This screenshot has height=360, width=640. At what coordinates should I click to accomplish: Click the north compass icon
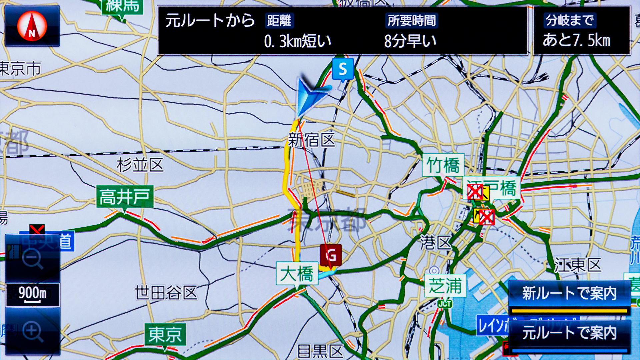32,26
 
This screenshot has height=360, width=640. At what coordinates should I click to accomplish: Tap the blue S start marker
343,69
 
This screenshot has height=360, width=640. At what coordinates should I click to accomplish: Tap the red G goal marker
331,256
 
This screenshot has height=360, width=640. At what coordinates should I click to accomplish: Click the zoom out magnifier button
32,259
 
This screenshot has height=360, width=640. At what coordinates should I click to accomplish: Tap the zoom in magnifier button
32,331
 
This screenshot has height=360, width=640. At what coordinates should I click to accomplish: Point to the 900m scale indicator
32,294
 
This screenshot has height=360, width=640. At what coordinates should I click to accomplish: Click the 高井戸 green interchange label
125,197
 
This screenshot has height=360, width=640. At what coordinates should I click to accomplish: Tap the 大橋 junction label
297,274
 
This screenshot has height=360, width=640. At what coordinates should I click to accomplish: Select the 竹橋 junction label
443,165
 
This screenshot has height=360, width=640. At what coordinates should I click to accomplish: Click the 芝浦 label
445,286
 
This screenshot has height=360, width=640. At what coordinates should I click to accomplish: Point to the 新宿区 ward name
311,140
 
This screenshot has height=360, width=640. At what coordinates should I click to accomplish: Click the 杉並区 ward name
140,165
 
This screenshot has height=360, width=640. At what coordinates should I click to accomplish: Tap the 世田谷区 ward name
166,293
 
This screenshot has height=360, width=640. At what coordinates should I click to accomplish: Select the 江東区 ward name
578,265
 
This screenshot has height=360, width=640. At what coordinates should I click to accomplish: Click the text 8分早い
410,41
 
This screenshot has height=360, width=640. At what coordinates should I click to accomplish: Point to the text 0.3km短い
297,41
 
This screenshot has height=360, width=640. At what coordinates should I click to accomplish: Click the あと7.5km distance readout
576,40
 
